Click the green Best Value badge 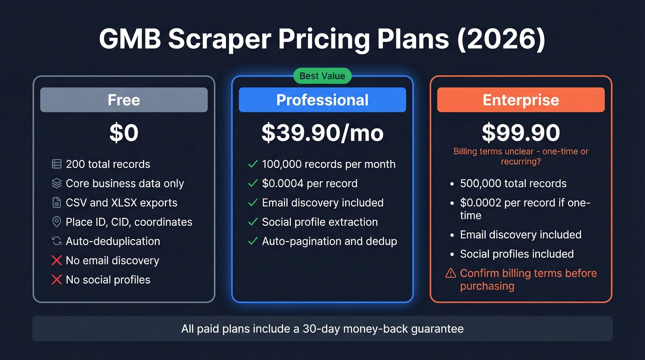tap(322, 76)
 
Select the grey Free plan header tap(124, 100)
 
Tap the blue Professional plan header tap(322, 100)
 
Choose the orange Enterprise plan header tap(521, 100)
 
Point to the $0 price tap(124, 133)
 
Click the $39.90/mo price tap(322, 133)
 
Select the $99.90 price tap(521, 133)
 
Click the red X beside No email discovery tap(57, 260)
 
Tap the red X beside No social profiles tap(57, 280)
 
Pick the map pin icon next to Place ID tap(57, 222)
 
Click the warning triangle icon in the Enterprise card tap(451, 273)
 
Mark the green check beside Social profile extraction tap(252, 222)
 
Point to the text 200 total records tap(108, 164)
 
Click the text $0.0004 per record tap(310, 183)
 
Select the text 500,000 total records tap(513, 183)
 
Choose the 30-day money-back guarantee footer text tap(322, 329)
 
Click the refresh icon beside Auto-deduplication tap(57, 241)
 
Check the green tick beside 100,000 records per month tap(252, 164)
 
